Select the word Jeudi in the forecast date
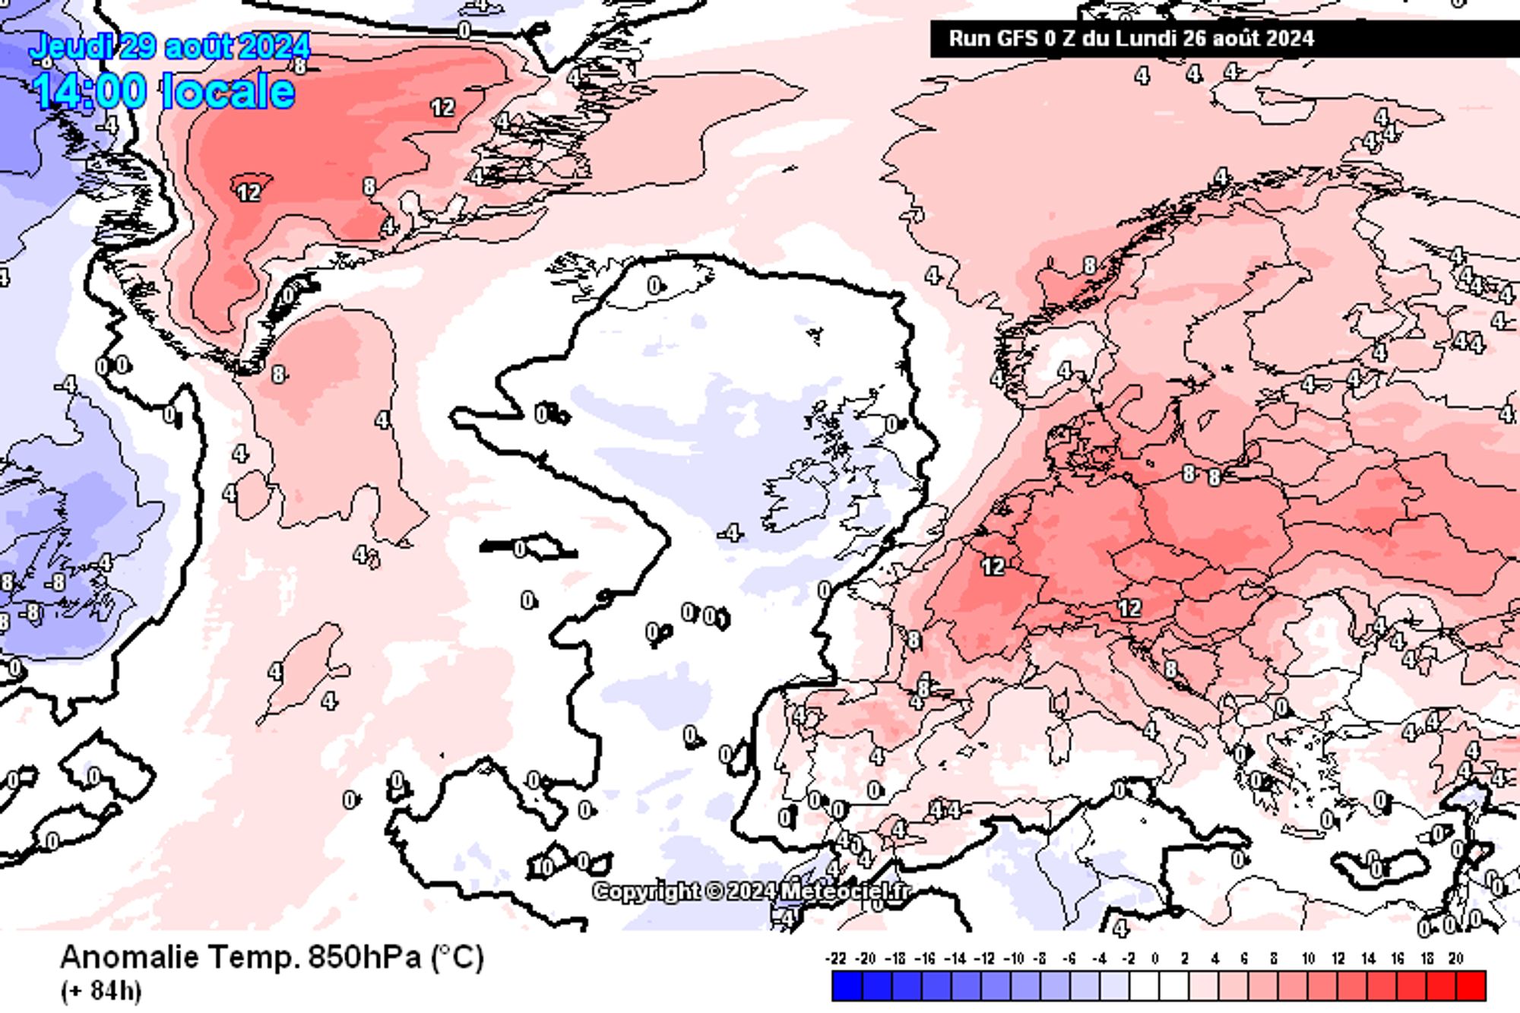pos(72,47)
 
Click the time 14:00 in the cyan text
pos(90,91)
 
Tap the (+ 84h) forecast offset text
pos(101,990)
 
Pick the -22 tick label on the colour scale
pos(835,959)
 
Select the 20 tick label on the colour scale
pos(1455,959)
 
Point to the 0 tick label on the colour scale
pos(1155,959)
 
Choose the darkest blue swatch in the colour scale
pos(847,986)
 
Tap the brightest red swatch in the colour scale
pos(1471,986)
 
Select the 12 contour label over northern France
pos(993,567)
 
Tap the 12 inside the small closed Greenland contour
pos(249,192)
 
